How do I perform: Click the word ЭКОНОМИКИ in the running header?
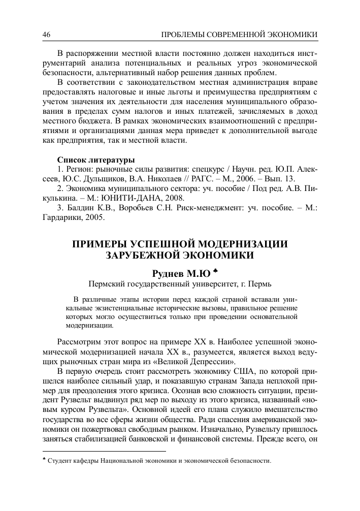click(291, 34)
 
